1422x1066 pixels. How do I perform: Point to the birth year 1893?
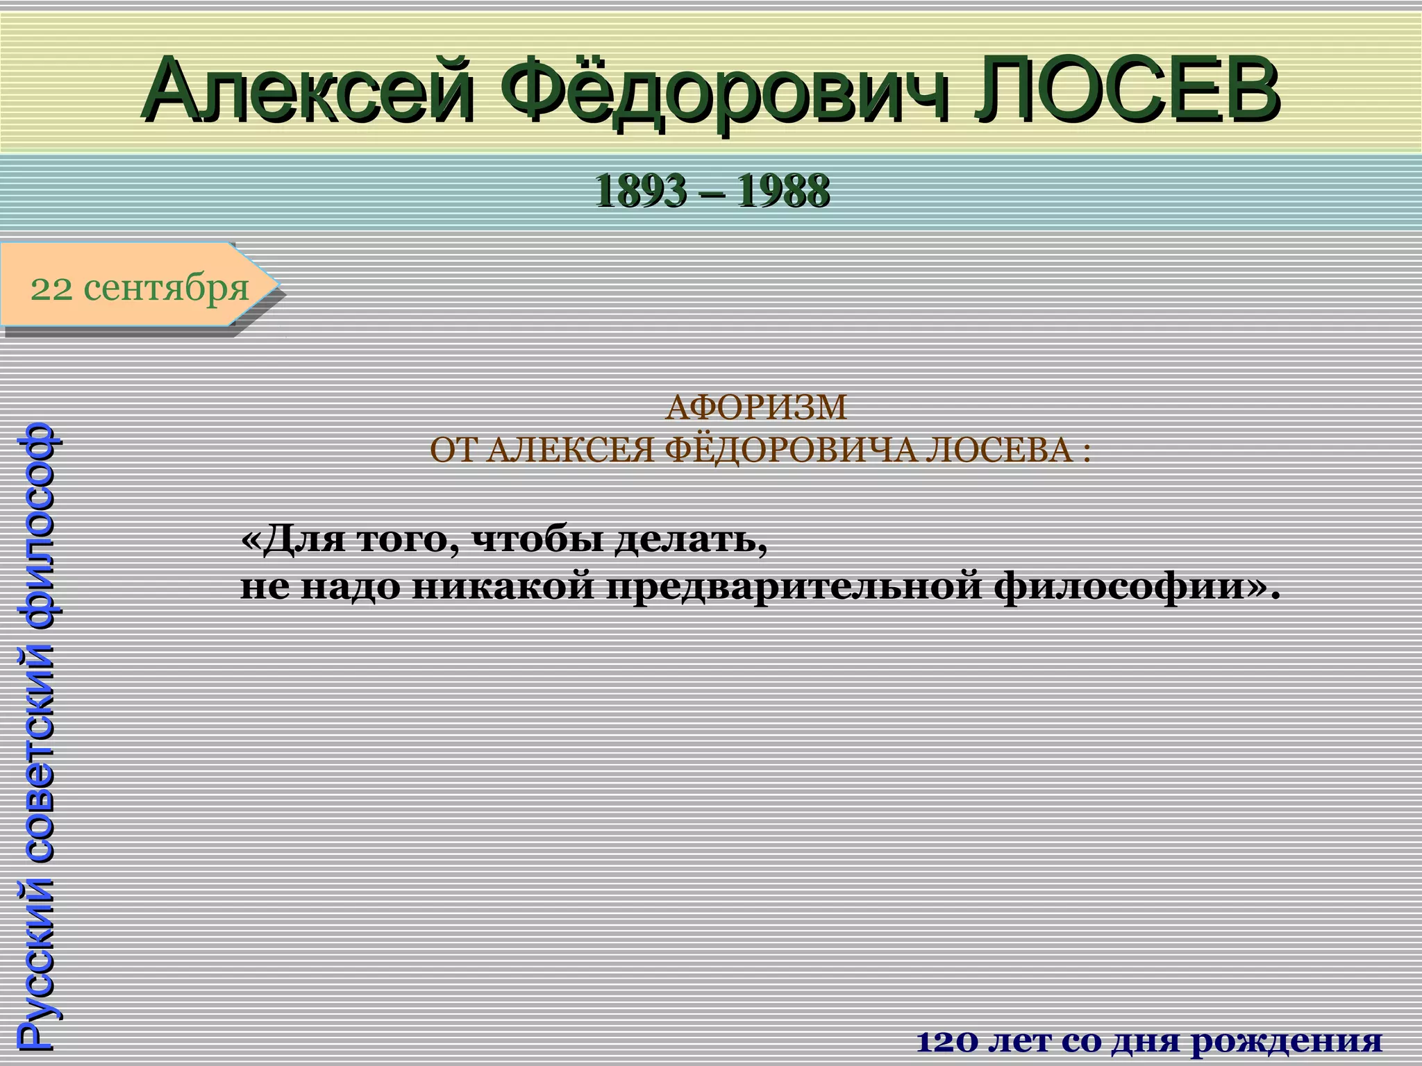pos(639,192)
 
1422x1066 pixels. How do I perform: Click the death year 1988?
pos(783,192)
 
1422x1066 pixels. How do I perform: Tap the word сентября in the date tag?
pos(166,287)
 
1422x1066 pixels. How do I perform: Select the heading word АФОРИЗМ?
pos(756,407)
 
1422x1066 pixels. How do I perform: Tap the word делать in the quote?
pos(691,539)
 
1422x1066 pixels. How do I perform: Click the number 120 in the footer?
pos(948,1042)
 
